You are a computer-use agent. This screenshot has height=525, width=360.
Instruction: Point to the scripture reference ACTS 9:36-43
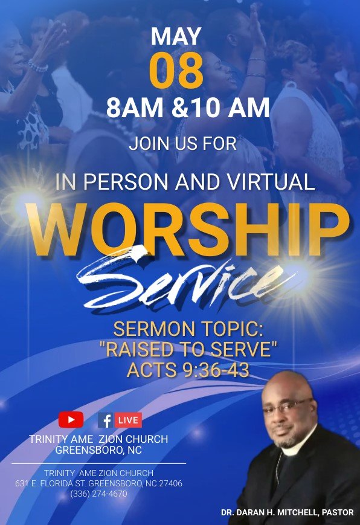pyautogui.click(x=187, y=370)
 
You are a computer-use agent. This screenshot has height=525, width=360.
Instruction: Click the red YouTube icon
pyautogui.click(x=71, y=419)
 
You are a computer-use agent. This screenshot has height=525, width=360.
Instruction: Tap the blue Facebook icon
pyautogui.click(x=105, y=420)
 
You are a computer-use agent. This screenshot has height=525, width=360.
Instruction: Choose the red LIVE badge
pyautogui.click(x=128, y=420)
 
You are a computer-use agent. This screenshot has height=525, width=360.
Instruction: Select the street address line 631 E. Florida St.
pyautogui.click(x=98, y=484)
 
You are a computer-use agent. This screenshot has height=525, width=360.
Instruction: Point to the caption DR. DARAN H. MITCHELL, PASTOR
pyautogui.click(x=287, y=512)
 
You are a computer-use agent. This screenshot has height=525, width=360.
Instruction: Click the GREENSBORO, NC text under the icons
pyautogui.click(x=98, y=450)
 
